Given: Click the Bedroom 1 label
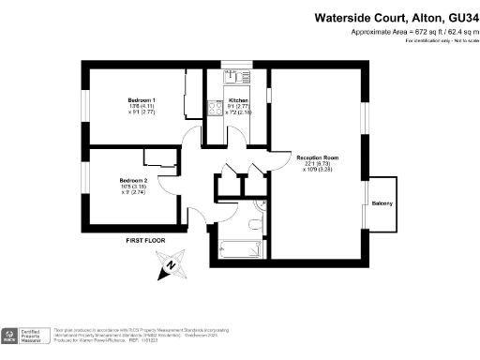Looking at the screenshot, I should (142, 99).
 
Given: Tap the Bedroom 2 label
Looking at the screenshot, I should (134, 180).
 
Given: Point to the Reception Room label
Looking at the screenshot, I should (317, 157).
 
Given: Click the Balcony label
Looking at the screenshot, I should (382, 203).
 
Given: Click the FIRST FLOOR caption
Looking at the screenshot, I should (145, 241).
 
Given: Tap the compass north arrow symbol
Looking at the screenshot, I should (170, 267).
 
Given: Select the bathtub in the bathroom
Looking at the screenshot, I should (239, 249).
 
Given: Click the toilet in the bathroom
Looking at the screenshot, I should (256, 223).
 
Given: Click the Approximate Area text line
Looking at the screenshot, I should (410, 32).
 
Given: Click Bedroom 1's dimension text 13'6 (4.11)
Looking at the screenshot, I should (142, 107).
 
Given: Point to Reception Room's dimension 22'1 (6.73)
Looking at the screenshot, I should (317, 164).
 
